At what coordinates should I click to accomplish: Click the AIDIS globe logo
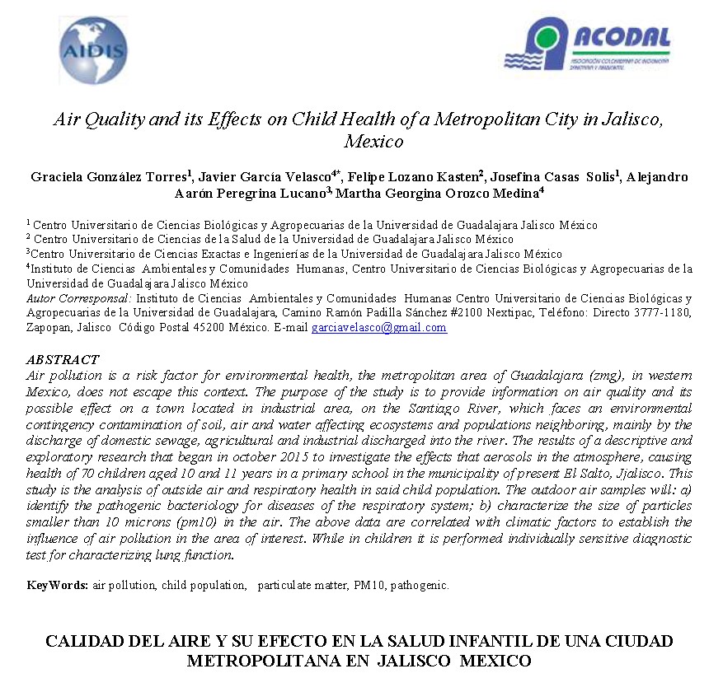tap(93, 51)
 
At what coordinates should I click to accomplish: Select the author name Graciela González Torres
tap(108, 177)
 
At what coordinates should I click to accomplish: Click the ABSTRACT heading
tap(63, 360)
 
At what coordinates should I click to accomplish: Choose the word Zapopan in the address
tap(50, 327)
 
